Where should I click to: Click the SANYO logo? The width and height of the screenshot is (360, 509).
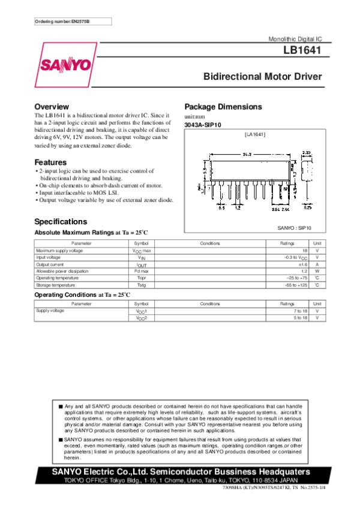click(x=66, y=64)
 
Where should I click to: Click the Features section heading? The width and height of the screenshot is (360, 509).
click(x=50, y=162)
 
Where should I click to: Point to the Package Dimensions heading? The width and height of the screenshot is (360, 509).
click(x=223, y=107)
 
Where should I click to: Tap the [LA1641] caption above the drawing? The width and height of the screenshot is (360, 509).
click(x=254, y=134)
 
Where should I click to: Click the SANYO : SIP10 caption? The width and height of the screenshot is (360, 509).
click(x=295, y=228)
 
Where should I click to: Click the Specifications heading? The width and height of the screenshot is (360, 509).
click(x=61, y=221)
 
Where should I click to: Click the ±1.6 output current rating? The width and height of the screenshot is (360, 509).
click(x=302, y=264)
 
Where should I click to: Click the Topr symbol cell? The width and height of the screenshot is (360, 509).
click(x=141, y=278)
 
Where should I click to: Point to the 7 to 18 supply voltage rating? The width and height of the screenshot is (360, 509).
click(x=301, y=311)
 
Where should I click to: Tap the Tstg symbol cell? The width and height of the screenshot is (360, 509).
click(x=141, y=285)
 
